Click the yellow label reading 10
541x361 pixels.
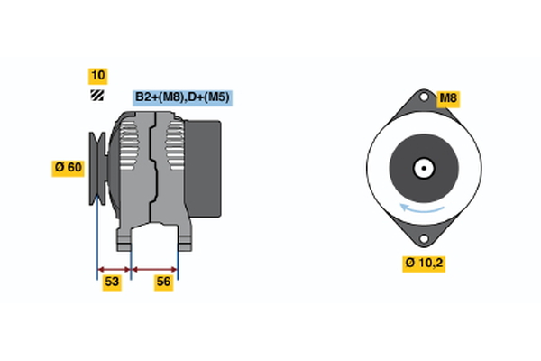[97, 76]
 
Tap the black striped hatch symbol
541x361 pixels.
[97, 96]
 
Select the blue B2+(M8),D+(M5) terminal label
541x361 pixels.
[182, 97]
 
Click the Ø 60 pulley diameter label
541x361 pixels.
[68, 168]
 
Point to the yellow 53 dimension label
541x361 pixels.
[112, 282]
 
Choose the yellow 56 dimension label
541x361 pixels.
[163, 282]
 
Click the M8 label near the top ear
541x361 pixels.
[448, 99]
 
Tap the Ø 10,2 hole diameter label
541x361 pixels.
[424, 264]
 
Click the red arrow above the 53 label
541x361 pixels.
[114, 270]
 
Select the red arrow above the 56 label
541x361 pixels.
[154, 270]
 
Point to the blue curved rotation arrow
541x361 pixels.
[422, 208]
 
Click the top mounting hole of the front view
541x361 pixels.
[424, 97]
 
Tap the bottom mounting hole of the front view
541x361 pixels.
[424, 238]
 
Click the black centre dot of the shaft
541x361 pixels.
[424, 169]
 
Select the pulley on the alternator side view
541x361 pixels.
[97, 169]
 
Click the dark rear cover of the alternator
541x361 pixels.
[203, 169]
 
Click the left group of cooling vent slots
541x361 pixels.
[128, 146]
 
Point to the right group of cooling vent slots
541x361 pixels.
[175, 146]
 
